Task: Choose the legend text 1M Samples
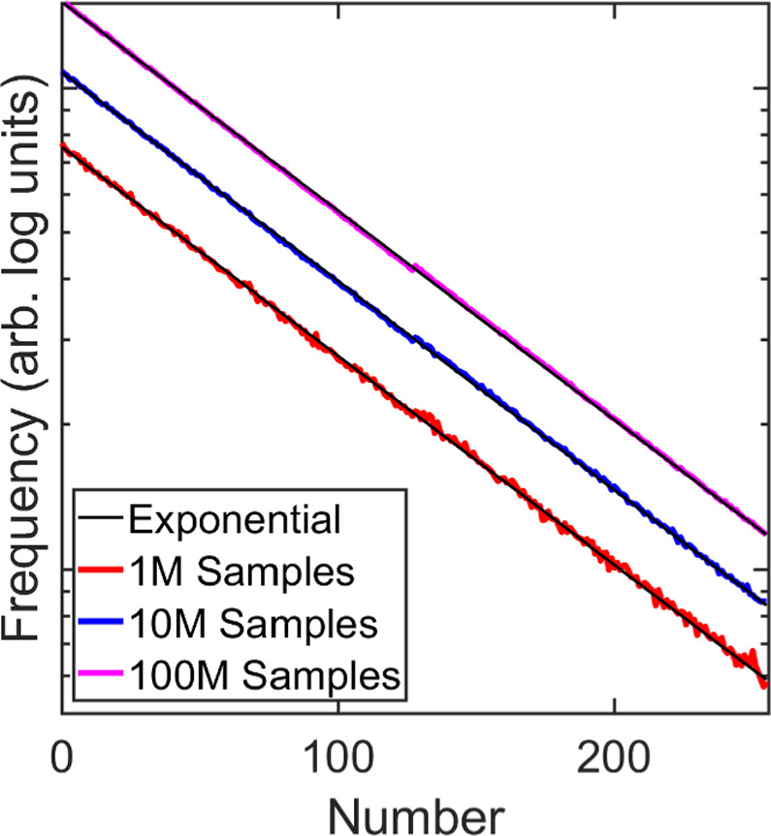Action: pos(239,571)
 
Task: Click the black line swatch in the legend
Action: pos(101,519)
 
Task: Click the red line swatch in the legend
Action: pos(101,571)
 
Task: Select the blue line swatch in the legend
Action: pos(101,623)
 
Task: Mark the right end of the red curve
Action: pos(765,684)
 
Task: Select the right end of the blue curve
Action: pos(765,602)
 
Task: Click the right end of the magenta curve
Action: pos(765,533)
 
